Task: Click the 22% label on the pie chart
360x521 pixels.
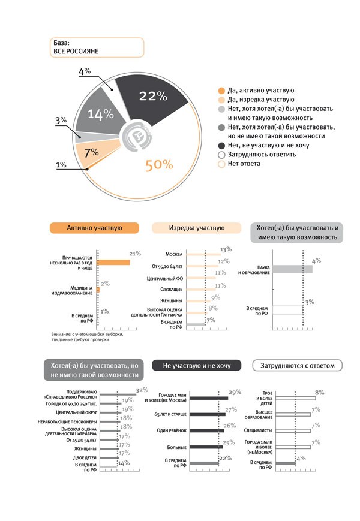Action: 152,96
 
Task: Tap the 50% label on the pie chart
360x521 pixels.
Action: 159,165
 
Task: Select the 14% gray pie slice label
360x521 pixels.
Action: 101,114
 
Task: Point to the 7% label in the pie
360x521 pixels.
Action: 92,152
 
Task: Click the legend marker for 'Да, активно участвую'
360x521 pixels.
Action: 221,90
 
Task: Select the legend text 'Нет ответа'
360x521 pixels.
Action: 244,164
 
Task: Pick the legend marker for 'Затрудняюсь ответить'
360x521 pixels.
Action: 221,154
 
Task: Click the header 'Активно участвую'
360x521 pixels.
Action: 95,228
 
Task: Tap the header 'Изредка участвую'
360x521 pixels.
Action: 197,228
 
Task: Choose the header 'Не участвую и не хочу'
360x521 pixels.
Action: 197,365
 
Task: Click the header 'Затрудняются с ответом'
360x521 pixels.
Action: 298,365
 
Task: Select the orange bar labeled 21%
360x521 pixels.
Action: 113,263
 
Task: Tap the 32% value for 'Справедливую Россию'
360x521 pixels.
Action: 142,390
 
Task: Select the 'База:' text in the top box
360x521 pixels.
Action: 62,43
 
